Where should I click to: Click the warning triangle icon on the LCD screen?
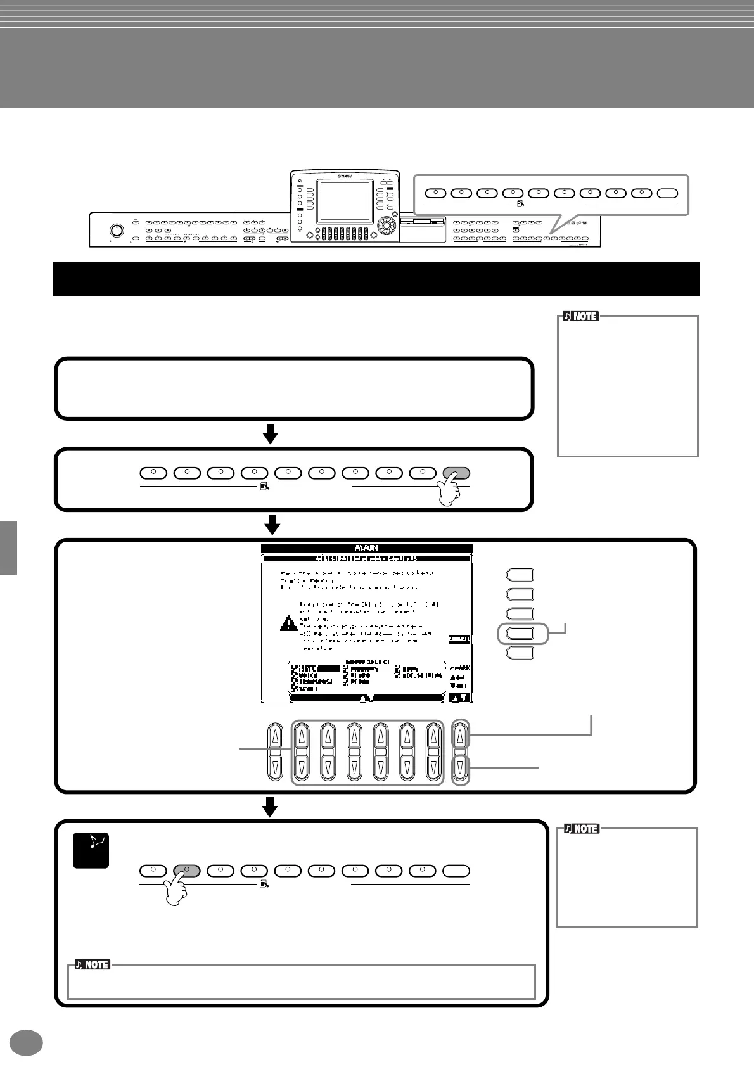(x=288, y=622)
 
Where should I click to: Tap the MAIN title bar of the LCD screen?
(x=367, y=549)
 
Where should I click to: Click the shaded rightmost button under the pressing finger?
(x=456, y=473)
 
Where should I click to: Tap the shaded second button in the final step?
(x=186, y=871)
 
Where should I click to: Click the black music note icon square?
(x=91, y=850)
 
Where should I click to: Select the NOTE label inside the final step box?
(x=93, y=964)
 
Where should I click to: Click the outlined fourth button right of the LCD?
(x=520, y=633)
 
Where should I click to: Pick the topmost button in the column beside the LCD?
(x=520, y=575)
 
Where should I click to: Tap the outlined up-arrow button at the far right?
(x=460, y=736)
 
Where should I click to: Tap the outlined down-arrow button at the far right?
(x=460, y=769)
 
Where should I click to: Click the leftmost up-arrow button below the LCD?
(x=275, y=737)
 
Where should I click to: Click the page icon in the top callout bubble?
(x=520, y=203)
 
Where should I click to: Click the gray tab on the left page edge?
(x=8, y=547)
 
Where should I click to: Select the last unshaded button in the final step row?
(x=456, y=871)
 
